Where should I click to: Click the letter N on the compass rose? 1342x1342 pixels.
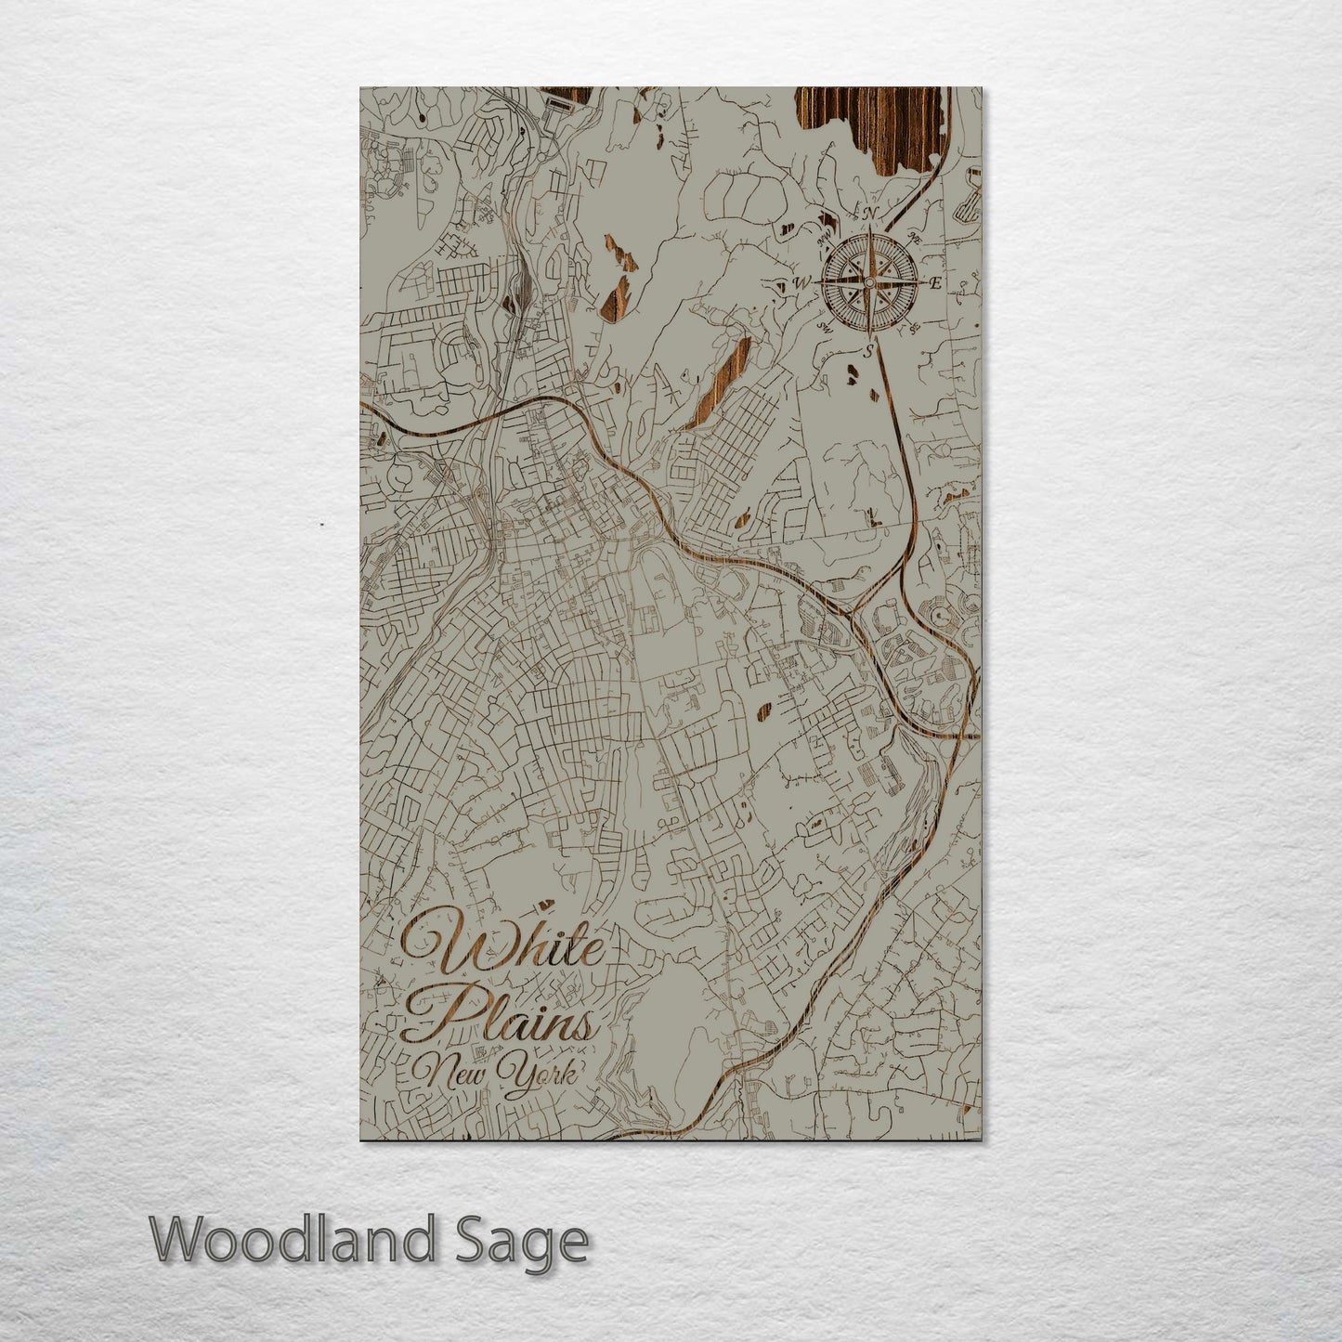tap(869, 214)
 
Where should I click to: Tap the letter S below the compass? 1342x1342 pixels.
tap(868, 351)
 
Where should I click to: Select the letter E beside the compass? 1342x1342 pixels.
tap(935, 282)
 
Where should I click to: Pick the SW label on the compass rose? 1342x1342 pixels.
tap(824, 326)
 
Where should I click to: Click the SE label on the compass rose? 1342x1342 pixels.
tap(914, 327)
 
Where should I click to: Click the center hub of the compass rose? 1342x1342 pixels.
tap(868, 282)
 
